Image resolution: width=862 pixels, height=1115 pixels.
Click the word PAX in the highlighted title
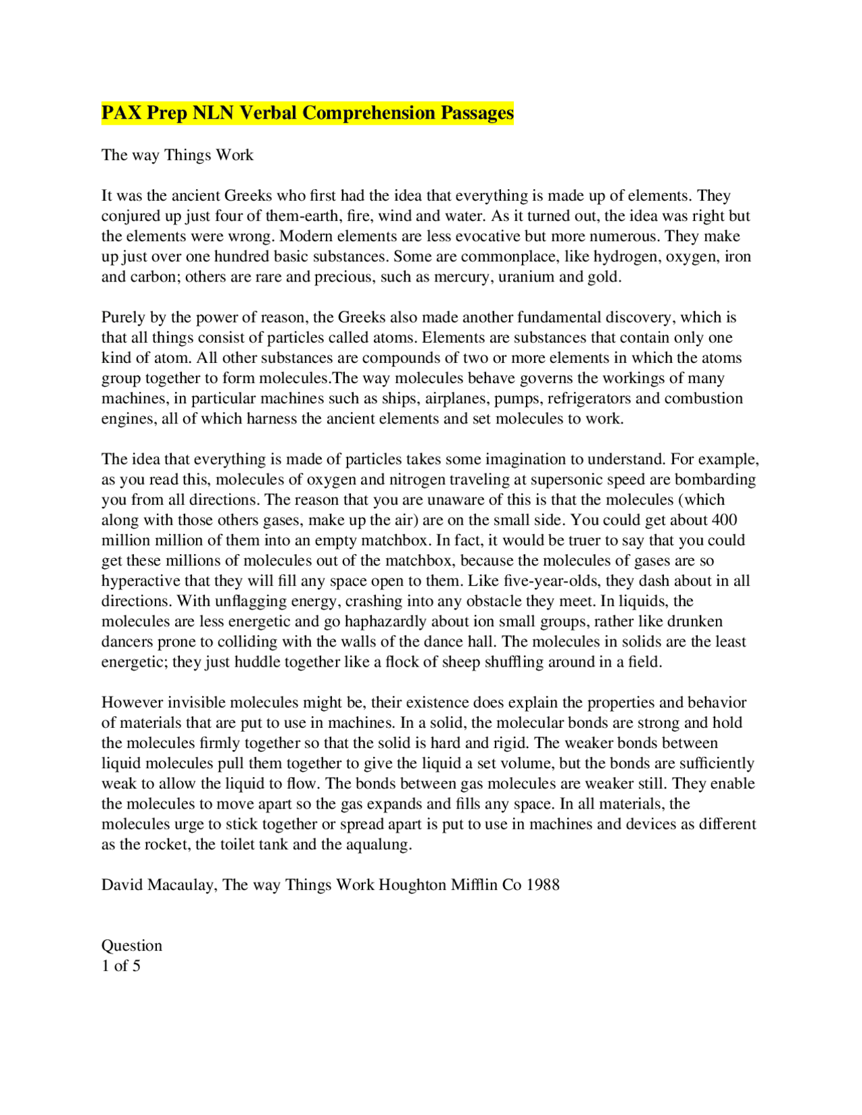coord(122,112)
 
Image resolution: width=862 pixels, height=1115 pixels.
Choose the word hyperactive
coord(141,581)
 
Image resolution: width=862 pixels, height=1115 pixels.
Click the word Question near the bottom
coord(132,945)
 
